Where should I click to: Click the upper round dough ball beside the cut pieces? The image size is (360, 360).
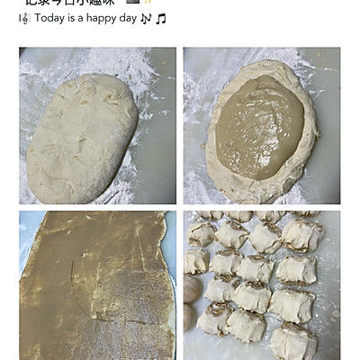(x=193, y=288)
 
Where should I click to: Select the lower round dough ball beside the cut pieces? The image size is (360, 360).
(x=191, y=317)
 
